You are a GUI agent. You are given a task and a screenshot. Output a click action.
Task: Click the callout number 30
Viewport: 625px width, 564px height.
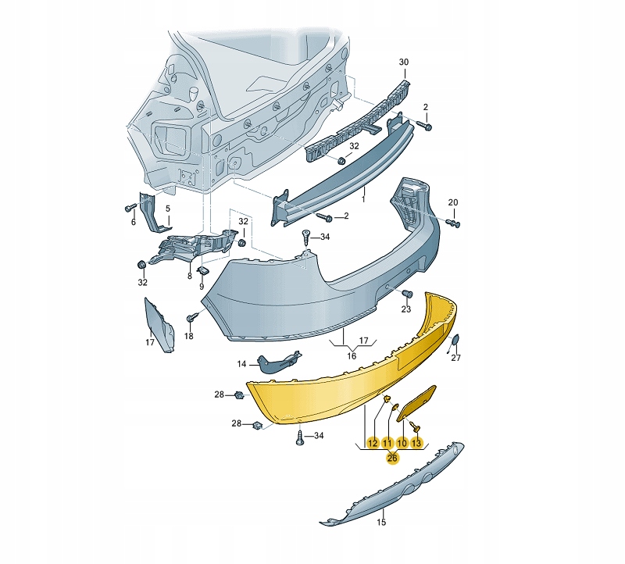coord(403,62)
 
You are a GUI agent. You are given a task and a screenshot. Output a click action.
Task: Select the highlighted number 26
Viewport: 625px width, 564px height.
coord(392,458)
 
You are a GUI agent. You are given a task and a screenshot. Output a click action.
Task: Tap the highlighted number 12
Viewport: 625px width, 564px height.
coord(373,443)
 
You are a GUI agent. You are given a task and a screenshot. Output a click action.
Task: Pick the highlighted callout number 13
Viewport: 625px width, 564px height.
coord(416,443)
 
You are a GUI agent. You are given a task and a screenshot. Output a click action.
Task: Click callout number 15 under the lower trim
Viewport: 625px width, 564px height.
coord(381,522)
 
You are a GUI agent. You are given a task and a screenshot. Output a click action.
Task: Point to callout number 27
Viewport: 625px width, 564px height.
coord(455,358)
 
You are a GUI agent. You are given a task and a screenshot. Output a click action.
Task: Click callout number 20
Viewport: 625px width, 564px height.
coord(453,202)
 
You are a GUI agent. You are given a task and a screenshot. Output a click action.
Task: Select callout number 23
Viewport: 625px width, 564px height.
coord(405,309)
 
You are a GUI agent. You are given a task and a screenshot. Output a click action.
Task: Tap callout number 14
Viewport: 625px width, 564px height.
coord(241,364)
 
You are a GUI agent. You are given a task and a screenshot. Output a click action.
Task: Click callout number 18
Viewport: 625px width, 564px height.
coord(188,336)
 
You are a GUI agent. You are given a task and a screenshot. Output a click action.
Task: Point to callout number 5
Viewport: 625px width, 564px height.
coord(168,209)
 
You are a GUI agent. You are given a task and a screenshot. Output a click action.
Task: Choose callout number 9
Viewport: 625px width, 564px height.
coord(202,286)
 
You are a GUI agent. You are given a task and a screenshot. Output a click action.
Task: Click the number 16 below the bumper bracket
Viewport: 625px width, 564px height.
coord(351,355)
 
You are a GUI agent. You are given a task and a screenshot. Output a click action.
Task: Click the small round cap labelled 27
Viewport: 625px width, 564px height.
coord(454,341)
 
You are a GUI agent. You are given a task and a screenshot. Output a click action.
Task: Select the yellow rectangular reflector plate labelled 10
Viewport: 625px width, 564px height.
coord(417,403)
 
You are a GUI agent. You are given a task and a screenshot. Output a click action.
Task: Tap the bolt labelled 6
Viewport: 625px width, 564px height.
coord(130,208)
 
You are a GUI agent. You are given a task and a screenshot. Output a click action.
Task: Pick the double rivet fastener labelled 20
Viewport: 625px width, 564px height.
coord(453,223)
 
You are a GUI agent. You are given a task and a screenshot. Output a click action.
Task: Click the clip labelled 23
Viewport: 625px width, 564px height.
coord(407,294)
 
